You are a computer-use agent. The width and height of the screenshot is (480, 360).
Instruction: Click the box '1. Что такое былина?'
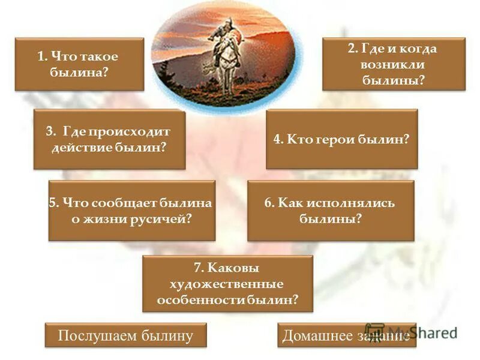79,64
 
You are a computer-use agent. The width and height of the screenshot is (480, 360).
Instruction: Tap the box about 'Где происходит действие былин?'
109,139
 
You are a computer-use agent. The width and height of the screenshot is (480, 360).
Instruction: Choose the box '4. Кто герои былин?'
341,139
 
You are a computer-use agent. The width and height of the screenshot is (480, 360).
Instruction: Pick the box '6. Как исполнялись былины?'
331,211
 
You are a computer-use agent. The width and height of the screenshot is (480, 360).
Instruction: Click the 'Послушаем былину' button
125,335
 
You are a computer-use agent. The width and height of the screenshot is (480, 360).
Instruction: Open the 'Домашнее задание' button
346,335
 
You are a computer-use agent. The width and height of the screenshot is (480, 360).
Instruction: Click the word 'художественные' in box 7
228,283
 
